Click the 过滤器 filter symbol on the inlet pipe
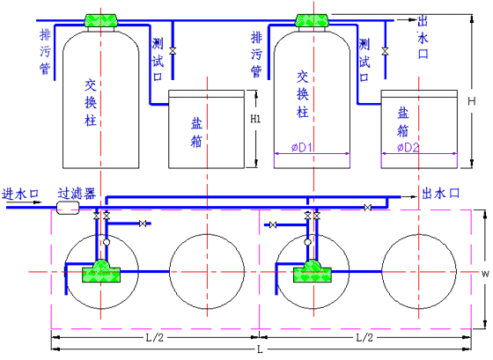coord(68,208)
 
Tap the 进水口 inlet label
coord(20,194)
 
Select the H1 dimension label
coord(255,119)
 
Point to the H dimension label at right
coord(472,101)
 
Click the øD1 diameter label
coord(301,147)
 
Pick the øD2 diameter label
coord(408,147)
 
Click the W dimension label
coord(485,274)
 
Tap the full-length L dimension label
coord(260,349)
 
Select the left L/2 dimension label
coord(154,338)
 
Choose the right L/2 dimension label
coord(364,338)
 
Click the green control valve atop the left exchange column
coord(101,20)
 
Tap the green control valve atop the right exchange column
coord(313,20)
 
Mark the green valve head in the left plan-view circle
coord(101,271)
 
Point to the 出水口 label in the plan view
coord(440,193)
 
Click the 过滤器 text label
coord(77,194)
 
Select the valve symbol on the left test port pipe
coord(173,51)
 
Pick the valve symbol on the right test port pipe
coord(385,51)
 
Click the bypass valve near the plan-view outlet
coord(368,208)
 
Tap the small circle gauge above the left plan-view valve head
coord(107,242)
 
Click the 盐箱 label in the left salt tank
coord(196,133)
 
